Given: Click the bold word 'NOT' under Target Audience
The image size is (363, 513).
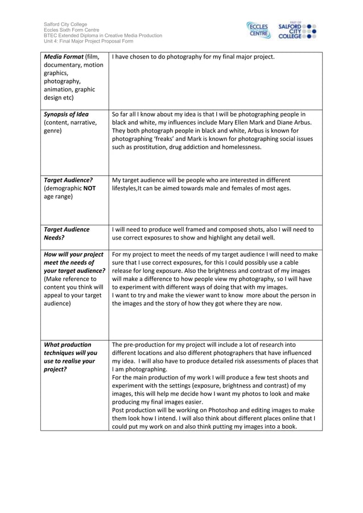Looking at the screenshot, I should point(88,188).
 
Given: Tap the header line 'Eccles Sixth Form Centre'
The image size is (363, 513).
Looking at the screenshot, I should point(72,30).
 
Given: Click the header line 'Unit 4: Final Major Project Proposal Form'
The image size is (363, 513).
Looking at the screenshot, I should point(88,42).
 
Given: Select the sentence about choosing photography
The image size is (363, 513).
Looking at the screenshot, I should point(193,57).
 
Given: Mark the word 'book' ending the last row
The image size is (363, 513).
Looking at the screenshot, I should point(287,425).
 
